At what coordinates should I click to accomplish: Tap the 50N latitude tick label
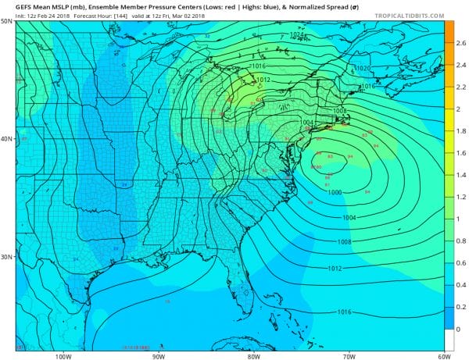pyautogui.click(x=6, y=22)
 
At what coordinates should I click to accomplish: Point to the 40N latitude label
pyautogui.click(x=6, y=139)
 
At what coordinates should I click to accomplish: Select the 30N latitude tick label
pyautogui.click(x=6, y=257)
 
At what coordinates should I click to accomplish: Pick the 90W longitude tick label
pyautogui.click(x=159, y=355)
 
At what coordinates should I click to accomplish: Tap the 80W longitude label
pyautogui.click(x=253, y=355)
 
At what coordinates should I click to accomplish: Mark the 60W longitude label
pyautogui.click(x=443, y=355)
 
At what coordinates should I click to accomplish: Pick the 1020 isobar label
pyautogui.click(x=362, y=69)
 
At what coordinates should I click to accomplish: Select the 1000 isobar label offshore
pyautogui.click(x=335, y=192)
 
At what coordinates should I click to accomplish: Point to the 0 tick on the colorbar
pyautogui.click(x=460, y=330)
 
